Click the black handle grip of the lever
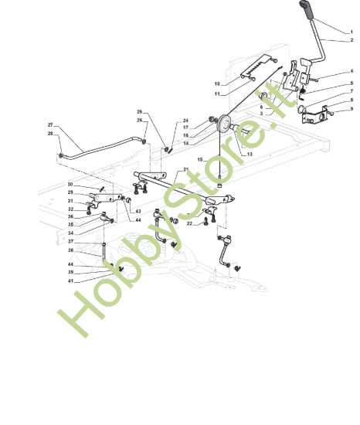point(307,9)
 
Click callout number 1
point(352,32)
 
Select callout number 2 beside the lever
point(352,40)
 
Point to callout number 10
point(217,83)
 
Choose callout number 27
point(50,125)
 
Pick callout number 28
point(50,134)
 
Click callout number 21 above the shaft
point(186,169)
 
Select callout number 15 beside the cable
point(200,160)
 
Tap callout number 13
point(250,154)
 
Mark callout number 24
point(185,121)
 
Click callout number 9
point(352,109)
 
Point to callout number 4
point(352,71)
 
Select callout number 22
point(189,223)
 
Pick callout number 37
point(71,241)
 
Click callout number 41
point(71,281)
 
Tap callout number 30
point(70,185)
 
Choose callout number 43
point(138,212)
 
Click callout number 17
point(185,127)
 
